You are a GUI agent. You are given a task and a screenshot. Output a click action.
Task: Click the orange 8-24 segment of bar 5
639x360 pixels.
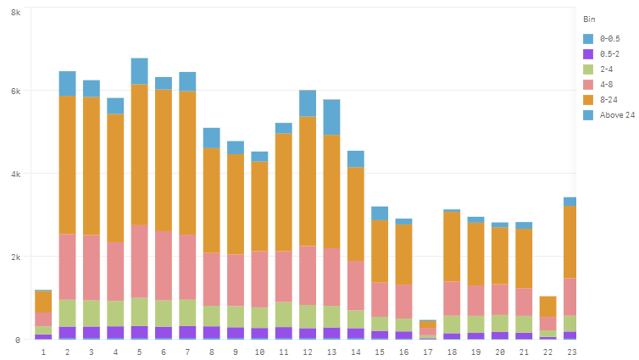139,154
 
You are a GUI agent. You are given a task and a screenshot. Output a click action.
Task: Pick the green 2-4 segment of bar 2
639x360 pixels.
67,313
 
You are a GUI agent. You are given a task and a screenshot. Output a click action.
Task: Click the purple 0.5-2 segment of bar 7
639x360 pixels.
187,332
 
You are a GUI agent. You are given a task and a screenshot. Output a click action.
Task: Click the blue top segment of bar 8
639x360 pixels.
211,138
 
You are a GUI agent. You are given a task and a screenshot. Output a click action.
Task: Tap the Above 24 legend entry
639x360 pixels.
616,115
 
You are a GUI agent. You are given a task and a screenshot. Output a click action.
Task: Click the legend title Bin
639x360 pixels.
589,18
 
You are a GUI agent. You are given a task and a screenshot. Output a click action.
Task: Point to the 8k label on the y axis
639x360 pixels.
15,8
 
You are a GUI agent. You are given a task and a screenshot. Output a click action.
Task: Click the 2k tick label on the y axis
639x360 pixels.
15,257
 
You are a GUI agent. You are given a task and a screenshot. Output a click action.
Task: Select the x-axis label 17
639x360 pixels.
428,351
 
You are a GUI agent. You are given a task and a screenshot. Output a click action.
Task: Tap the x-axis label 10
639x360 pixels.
259,351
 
